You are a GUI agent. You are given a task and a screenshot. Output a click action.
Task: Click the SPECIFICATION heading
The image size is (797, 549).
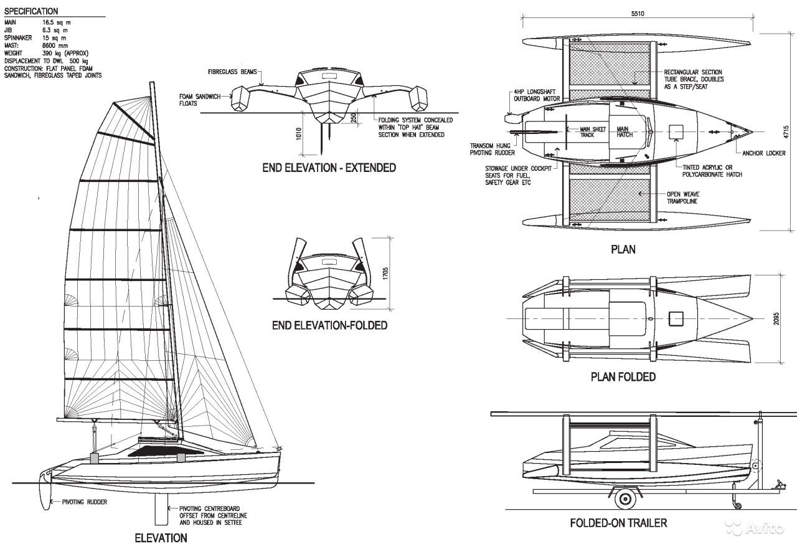[31, 11]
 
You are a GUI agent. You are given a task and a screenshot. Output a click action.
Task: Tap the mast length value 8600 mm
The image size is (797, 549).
[54, 45]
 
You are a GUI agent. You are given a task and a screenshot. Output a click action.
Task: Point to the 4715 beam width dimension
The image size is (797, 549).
[786, 131]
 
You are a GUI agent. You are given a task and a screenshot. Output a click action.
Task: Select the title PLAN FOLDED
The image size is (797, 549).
[623, 377]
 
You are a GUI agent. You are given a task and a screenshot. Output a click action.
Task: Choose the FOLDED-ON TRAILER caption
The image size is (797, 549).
[618, 522]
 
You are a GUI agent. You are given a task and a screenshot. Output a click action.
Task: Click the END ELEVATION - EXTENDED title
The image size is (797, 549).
[329, 168]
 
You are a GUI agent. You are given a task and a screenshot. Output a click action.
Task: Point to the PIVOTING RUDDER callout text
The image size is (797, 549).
[84, 502]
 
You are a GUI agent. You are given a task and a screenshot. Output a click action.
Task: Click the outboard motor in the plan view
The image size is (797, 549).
[512, 118]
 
